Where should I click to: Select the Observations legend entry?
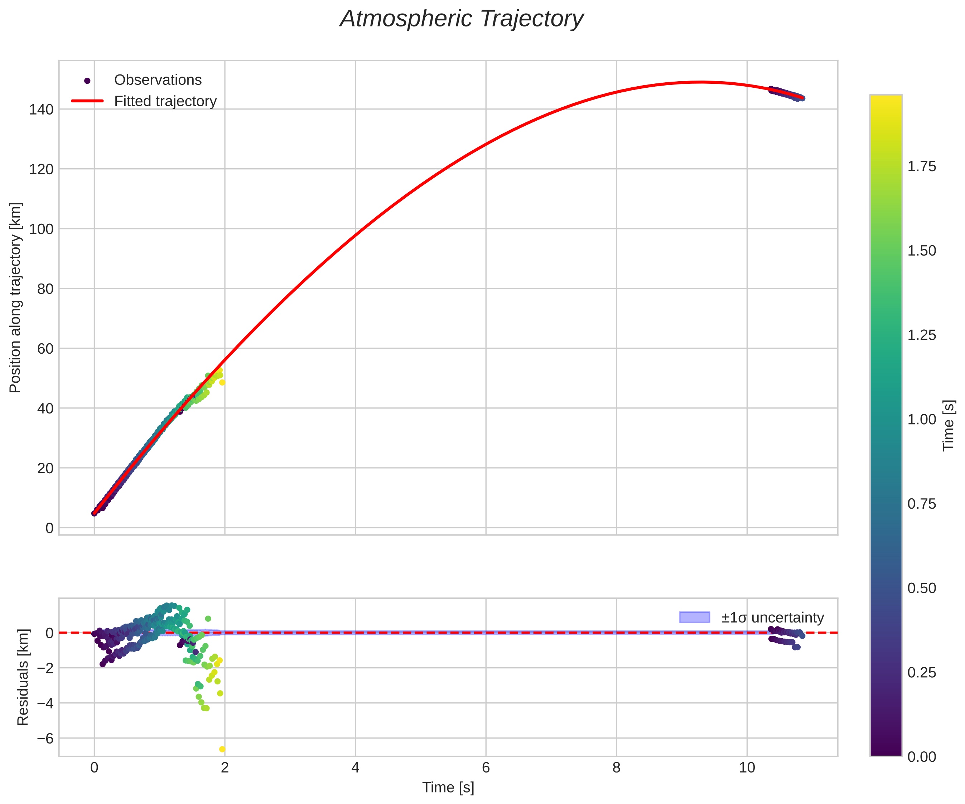[x=158, y=80]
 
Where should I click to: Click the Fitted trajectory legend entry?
[x=165, y=101]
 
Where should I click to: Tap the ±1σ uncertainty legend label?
[x=772, y=617]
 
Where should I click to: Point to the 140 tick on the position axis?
[x=42, y=109]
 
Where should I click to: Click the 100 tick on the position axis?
[x=42, y=229]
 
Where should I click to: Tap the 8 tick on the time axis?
[x=616, y=768]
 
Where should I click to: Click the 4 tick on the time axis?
[x=355, y=768]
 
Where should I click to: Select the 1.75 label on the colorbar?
[x=921, y=166]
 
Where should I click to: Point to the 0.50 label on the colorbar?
[x=921, y=588]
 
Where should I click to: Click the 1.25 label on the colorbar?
[x=921, y=335]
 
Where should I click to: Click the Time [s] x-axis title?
[x=448, y=788]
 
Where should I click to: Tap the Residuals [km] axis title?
[x=23, y=677]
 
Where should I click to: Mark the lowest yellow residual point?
[x=222, y=749]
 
